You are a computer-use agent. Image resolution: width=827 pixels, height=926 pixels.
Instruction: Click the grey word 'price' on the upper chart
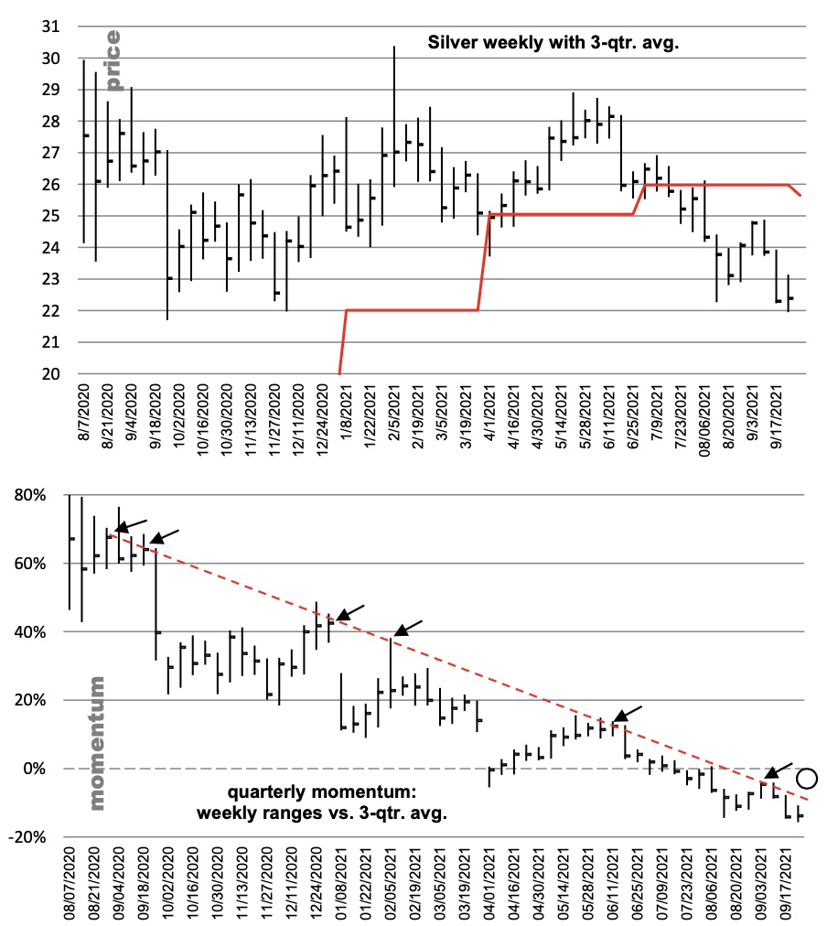point(113,61)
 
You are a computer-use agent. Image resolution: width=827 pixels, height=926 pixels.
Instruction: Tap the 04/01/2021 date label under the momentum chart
point(490,885)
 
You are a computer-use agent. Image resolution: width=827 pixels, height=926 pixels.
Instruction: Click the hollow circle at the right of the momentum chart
point(807,779)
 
